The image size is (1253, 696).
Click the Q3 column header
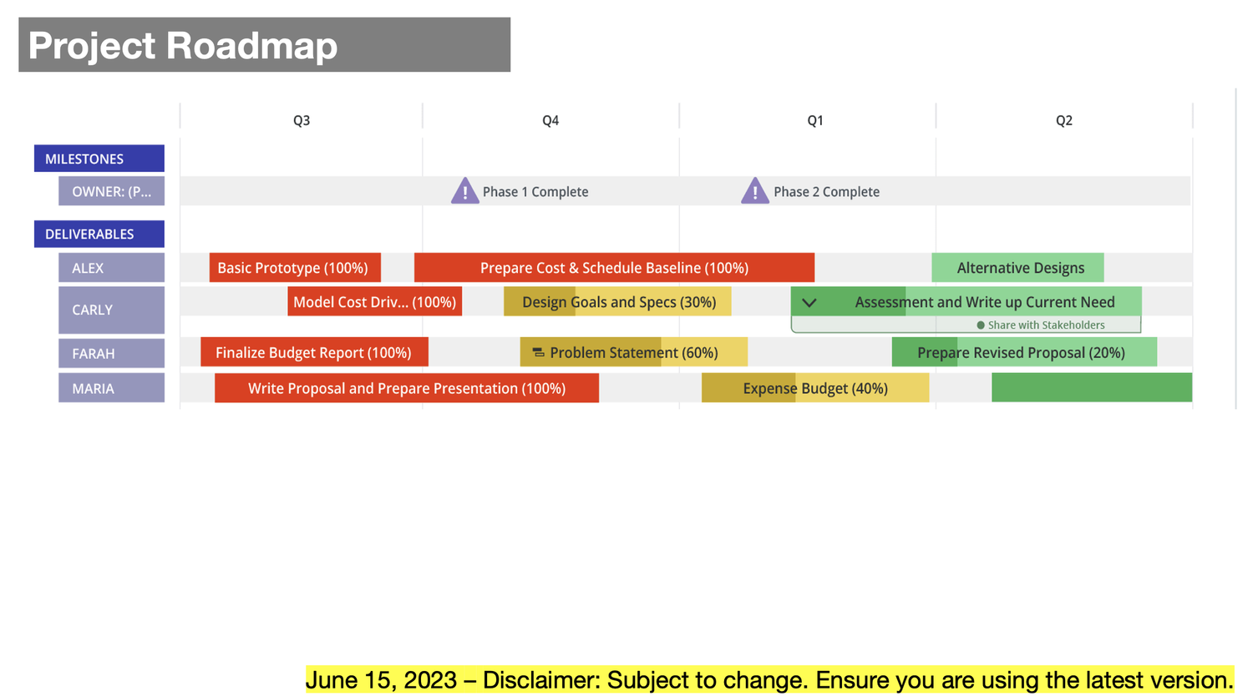tap(302, 120)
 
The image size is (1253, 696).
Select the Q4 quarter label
tap(550, 120)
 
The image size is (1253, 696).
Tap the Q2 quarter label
tap(1063, 120)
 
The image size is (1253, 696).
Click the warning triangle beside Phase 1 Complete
tap(464, 191)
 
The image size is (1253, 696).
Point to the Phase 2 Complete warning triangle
tap(755, 191)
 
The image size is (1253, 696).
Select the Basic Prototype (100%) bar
tap(294, 268)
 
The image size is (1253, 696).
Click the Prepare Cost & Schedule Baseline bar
tap(614, 268)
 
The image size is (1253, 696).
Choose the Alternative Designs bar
tap(1017, 268)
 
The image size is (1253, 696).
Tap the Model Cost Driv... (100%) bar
tap(374, 302)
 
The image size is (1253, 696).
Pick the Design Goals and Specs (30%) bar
tap(617, 302)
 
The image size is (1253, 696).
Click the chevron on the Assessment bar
tap(809, 302)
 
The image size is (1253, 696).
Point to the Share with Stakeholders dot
tap(981, 325)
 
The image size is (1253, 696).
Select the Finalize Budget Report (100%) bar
tap(314, 352)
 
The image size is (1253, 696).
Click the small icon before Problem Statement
tap(539, 353)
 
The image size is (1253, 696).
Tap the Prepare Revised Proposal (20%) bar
tap(1024, 352)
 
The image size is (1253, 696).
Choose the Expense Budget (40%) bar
tap(814, 388)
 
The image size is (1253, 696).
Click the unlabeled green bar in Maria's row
tap(1091, 388)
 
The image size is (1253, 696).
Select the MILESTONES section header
tap(99, 159)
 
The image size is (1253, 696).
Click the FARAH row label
tap(111, 353)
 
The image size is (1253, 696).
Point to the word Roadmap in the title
tap(252, 45)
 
